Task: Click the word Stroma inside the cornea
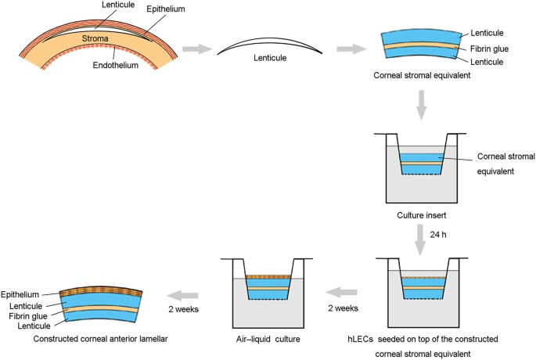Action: [x=95, y=38]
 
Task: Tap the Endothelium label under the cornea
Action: [x=116, y=65]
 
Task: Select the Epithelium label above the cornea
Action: [x=166, y=9]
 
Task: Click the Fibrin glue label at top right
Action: [x=489, y=49]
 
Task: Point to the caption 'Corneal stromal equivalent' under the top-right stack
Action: [x=422, y=75]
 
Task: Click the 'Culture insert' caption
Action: [x=422, y=215]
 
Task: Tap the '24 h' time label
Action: [x=438, y=235]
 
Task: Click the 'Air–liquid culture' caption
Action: [x=268, y=339]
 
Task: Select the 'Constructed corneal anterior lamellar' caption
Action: [x=100, y=339]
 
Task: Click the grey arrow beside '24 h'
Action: [x=419, y=240]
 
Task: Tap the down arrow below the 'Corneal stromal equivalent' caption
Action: [x=422, y=106]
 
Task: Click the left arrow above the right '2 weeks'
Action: [x=341, y=293]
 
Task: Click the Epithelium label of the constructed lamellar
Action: [x=20, y=294]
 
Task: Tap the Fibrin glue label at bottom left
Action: [x=28, y=316]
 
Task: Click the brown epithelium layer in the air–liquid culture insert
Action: [x=268, y=277]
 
